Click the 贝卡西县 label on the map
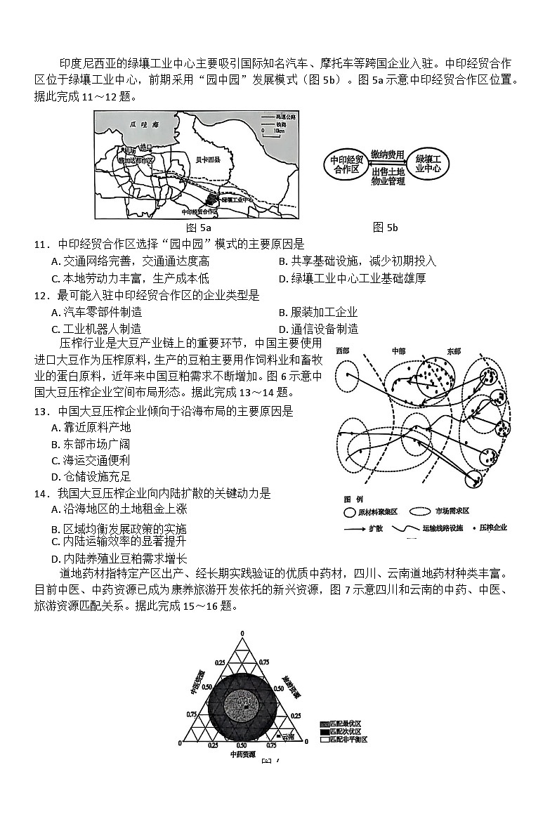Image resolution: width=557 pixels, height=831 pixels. coord(208,160)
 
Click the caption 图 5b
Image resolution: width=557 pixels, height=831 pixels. coord(386,227)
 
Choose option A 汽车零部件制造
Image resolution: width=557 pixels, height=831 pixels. coord(96,312)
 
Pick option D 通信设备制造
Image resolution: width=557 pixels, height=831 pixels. coord(318,329)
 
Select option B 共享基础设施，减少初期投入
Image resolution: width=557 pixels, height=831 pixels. coord(357,261)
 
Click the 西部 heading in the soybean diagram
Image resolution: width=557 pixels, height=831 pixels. coord(343,350)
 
